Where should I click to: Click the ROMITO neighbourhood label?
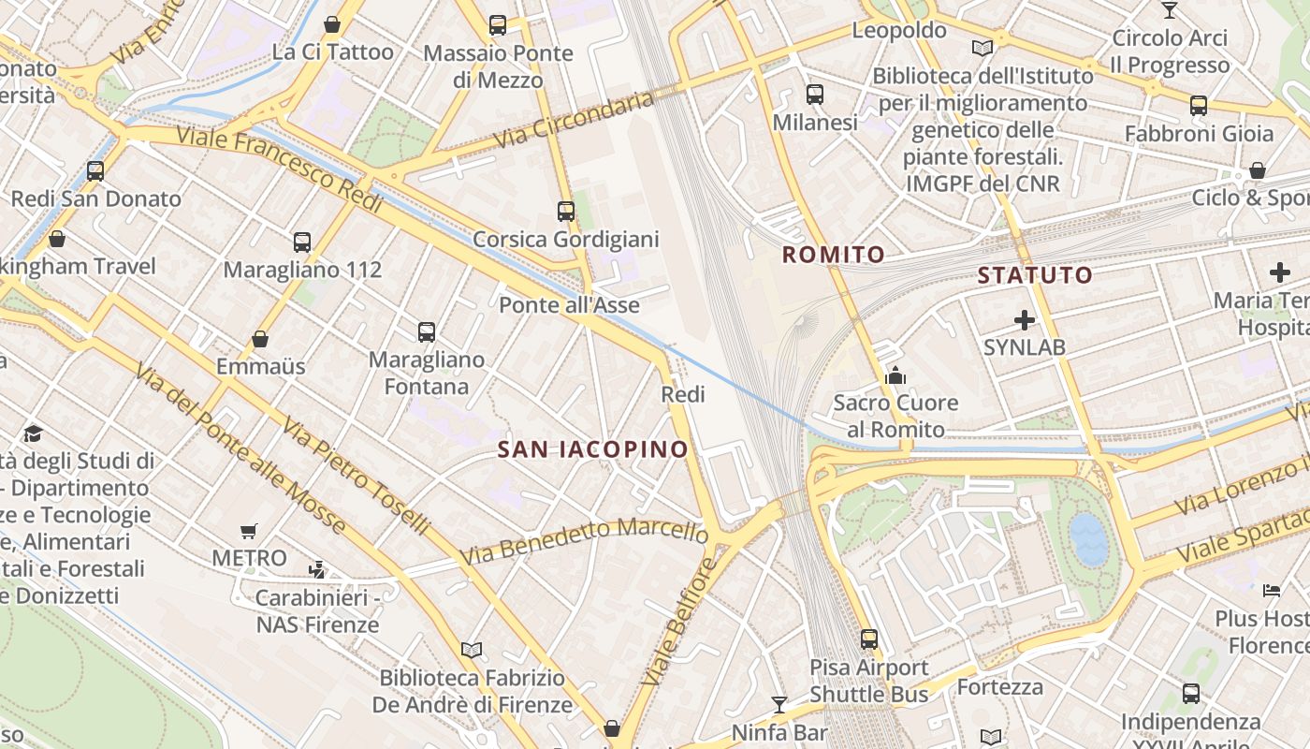coord(833,254)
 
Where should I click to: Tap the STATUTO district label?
coord(1035,274)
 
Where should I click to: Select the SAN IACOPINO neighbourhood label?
coord(592,449)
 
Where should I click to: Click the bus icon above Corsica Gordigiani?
coord(565,212)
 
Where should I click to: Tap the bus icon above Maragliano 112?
coord(301,242)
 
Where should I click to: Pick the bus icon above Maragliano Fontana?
coord(427,331)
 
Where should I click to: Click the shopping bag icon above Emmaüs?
coord(260,339)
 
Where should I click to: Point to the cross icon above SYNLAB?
coord(1025,320)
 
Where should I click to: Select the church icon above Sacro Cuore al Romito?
coord(895,375)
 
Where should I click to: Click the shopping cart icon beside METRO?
coord(248,532)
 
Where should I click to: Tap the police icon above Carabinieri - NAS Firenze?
coord(317,569)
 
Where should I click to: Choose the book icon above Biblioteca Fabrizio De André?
coord(472,650)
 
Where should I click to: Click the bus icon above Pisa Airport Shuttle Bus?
coord(869,639)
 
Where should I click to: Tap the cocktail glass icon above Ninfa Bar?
coord(779,704)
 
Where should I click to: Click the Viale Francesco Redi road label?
coord(280,169)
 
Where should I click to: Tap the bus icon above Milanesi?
coord(814,94)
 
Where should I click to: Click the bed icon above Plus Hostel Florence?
coord(1272,590)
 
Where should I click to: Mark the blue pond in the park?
coord(1088,538)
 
